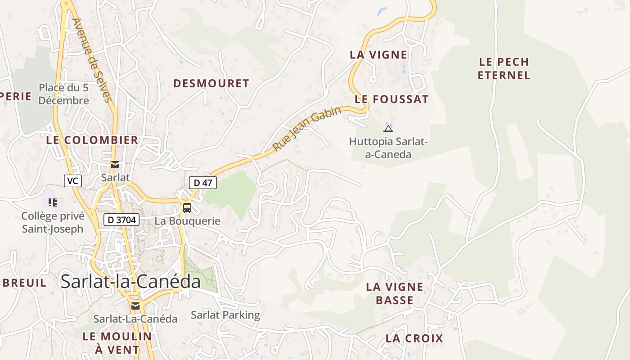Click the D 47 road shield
[x=203, y=183]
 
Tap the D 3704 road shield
[x=121, y=220]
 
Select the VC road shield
[x=73, y=181]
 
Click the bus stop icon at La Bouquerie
[x=187, y=208]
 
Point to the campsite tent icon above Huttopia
[x=388, y=129]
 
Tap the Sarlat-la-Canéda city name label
[x=130, y=282]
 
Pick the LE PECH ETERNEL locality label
[x=504, y=68]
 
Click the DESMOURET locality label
[x=211, y=83]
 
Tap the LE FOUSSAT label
[x=391, y=99]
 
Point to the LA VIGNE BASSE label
[x=395, y=293]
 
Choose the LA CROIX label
[x=414, y=338]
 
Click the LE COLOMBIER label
[x=92, y=140]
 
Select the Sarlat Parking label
[x=225, y=315]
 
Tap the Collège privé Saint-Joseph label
[x=53, y=222]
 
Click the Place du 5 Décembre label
[x=63, y=94]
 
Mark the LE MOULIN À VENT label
[x=111, y=343]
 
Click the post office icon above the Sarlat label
[x=115, y=165]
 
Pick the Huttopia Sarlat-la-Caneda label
[x=388, y=148]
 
